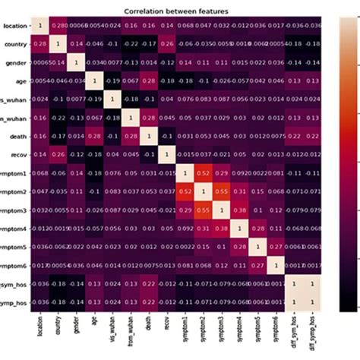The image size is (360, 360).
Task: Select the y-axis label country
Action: [17, 44]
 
